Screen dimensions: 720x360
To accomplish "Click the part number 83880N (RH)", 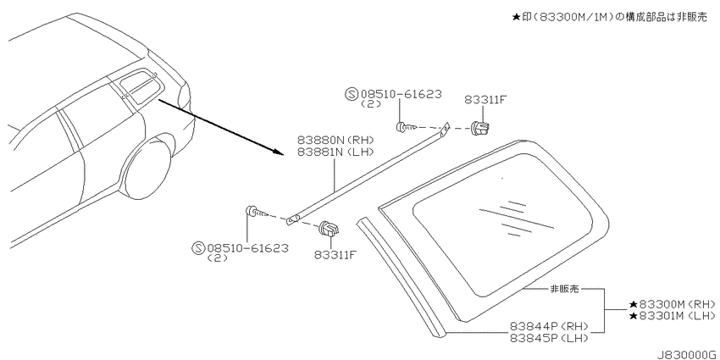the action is [335, 140].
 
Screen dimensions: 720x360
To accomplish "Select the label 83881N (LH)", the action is [335, 151].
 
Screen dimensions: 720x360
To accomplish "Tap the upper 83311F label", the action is [485, 100].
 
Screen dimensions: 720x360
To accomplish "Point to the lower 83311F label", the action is [335, 254].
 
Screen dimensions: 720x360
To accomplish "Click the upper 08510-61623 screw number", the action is [402, 94].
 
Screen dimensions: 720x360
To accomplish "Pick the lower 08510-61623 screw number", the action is [248, 248].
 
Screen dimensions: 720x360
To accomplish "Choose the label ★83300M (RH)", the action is [673, 304].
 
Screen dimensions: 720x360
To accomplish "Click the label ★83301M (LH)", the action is [673, 315].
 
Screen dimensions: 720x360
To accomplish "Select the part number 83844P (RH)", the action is [549, 327].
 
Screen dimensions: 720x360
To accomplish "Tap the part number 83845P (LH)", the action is [549, 338].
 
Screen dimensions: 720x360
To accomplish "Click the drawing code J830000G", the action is [686, 355].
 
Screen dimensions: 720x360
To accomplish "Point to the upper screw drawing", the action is [406, 127].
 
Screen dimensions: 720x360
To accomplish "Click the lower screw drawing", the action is [258, 212].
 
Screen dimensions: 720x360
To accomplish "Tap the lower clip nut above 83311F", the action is [330, 228].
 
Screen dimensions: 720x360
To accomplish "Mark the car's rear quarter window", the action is [138, 86].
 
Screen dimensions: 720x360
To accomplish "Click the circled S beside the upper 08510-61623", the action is [352, 95].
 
